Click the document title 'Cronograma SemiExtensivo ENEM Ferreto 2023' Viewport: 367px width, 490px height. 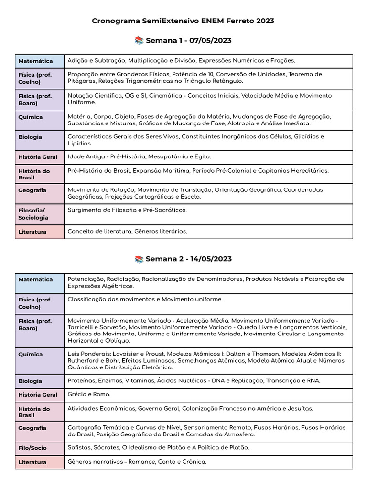183,22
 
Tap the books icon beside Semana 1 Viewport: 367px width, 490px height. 139,41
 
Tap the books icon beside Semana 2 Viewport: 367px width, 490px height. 139,259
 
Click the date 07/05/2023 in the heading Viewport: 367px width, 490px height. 210,41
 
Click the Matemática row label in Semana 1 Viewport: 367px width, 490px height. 35,61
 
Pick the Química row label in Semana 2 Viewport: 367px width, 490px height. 31,355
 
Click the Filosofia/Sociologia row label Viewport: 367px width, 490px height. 33,214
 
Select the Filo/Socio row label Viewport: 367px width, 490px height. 33,448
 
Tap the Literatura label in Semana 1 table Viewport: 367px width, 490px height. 32,232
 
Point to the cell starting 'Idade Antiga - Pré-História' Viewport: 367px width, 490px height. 139,157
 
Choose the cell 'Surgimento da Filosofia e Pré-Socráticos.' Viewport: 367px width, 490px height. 127,210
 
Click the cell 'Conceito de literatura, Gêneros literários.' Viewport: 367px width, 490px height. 127,232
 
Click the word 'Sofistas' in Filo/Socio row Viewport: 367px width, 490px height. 79,448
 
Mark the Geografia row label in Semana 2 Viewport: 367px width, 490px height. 32,428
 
